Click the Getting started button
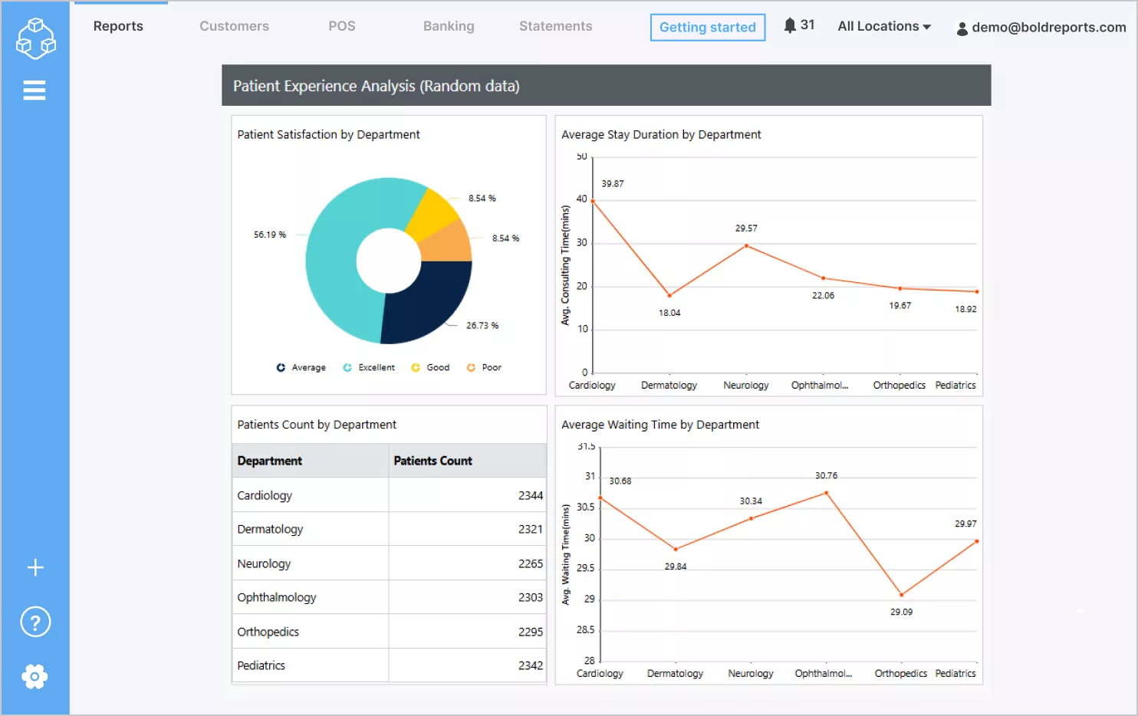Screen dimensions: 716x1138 point(707,28)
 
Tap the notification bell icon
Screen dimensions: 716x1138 point(789,25)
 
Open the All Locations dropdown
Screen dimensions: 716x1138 point(883,26)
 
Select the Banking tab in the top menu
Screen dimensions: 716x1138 point(449,26)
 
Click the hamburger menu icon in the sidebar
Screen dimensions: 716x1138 point(35,90)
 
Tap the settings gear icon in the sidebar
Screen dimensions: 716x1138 point(35,676)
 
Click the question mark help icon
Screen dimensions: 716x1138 point(35,622)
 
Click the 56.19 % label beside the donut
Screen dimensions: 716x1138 point(270,235)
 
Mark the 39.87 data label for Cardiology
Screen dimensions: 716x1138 point(612,184)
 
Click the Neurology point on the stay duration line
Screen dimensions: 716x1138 point(746,246)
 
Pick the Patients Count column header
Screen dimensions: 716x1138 point(433,461)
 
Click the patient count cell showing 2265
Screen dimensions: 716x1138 point(530,563)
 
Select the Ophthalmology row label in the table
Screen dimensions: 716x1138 point(277,597)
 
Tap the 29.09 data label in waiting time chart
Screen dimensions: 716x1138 point(901,612)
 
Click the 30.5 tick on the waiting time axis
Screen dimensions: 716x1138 point(585,507)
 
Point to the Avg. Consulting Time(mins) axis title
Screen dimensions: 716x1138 point(565,265)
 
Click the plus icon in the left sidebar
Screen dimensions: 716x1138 point(35,567)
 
